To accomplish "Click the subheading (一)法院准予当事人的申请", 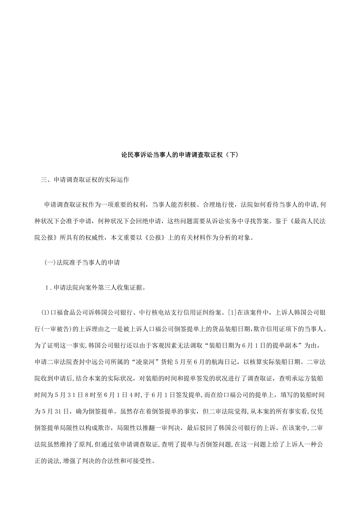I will (x=82, y=263).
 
